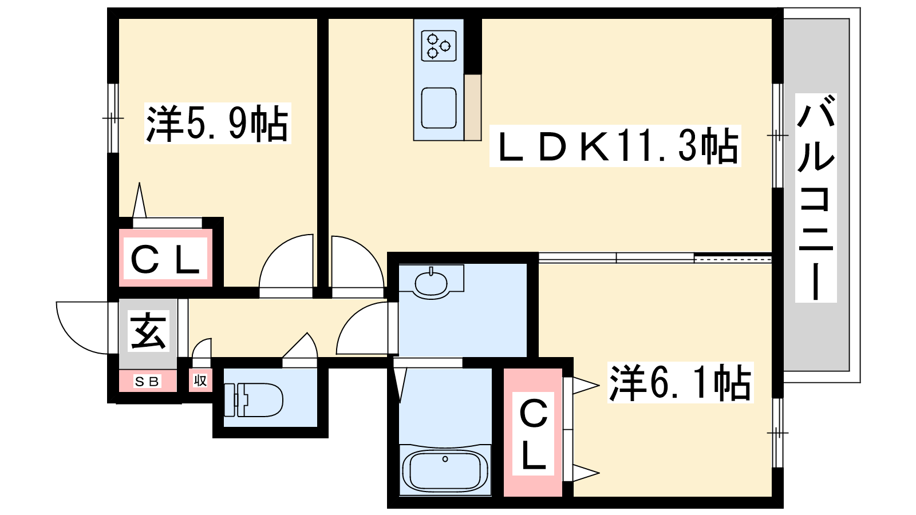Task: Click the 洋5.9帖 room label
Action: pos(217,123)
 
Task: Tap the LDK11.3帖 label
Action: pos(615,146)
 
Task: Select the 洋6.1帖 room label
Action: pos(680,382)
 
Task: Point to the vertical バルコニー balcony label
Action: pos(815,198)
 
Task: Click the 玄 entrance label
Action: pos(148,331)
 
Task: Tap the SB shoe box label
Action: pos(147,381)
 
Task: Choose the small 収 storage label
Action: pos(200,381)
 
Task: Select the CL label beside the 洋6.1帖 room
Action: pos(533,434)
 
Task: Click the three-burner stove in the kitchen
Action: pos(439,46)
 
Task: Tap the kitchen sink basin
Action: pos(439,108)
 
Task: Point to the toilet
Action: pos(254,400)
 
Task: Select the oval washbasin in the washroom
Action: pos(431,283)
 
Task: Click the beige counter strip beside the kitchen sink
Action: pos(473,108)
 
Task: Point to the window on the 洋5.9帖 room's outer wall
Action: pos(113,118)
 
